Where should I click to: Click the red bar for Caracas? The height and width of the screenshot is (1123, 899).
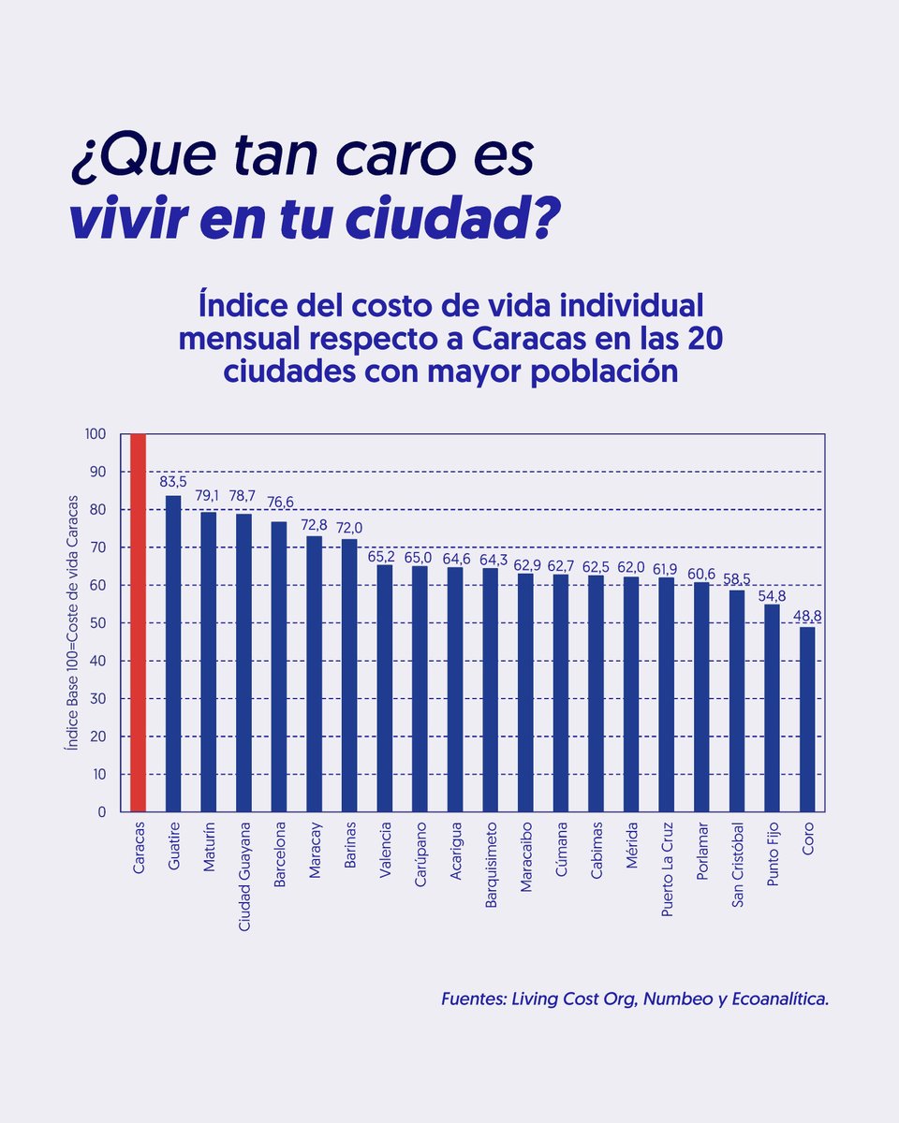click(139, 622)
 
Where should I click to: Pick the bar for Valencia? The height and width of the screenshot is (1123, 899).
click(385, 688)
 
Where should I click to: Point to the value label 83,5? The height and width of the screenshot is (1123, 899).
click(173, 482)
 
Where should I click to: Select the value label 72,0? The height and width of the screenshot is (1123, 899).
click(349, 527)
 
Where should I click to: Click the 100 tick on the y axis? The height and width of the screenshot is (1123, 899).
click(98, 434)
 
